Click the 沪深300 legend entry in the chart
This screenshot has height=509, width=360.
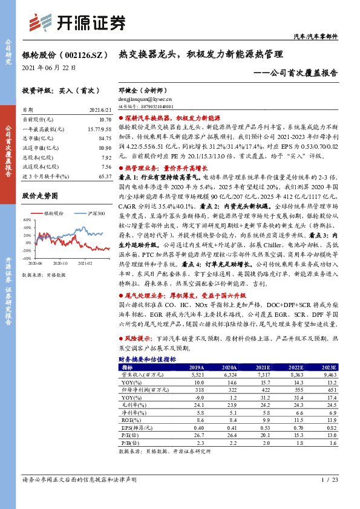click(x=96, y=213)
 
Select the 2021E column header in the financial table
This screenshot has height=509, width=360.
click(x=263, y=367)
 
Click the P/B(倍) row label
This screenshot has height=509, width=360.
click(x=129, y=443)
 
